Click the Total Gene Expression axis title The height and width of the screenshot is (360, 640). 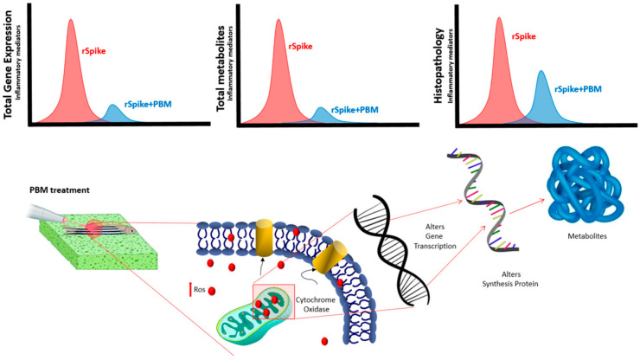click(8, 65)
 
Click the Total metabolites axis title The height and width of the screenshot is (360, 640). click(221, 68)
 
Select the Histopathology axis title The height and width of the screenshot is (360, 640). click(439, 66)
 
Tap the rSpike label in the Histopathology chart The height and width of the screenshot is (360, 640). click(523, 36)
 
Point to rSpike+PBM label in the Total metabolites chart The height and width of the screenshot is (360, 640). click(355, 110)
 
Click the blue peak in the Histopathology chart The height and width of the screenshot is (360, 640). click(541, 97)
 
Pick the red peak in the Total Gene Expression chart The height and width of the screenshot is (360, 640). click(71, 72)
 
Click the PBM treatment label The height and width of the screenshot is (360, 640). click(60, 190)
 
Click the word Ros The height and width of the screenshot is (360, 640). click(199, 289)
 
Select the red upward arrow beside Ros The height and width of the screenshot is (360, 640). click(189, 289)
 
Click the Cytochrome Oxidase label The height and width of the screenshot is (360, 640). click(316, 305)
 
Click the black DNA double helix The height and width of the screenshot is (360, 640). click(392, 250)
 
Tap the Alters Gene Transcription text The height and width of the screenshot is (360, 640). click(435, 236)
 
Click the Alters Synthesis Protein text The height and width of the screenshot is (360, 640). click(510, 280)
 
